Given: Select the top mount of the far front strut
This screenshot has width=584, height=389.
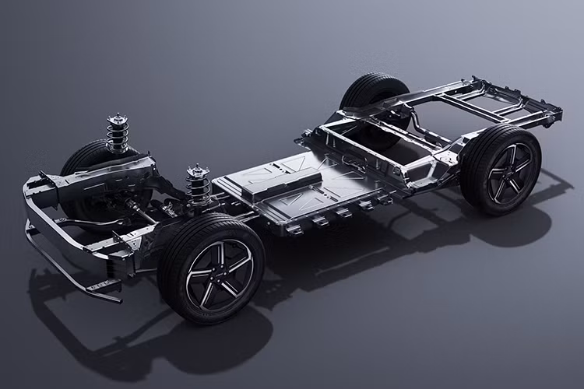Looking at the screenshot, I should tap(118, 119).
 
